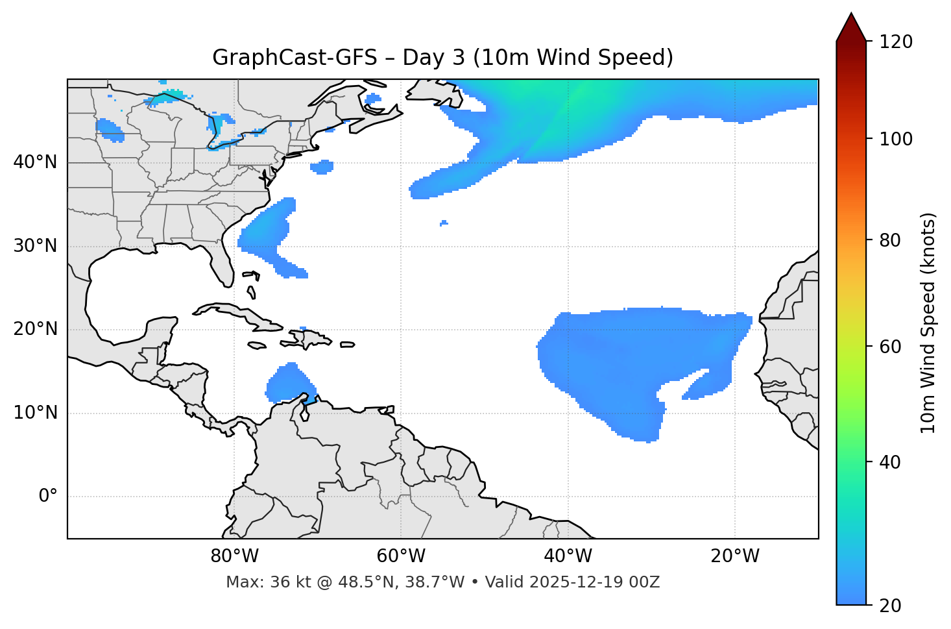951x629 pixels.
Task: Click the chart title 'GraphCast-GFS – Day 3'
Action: (x=442, y=58)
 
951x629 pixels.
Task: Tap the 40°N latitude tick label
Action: (x=35, y=162)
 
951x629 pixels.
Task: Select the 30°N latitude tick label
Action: (x=35, y=246)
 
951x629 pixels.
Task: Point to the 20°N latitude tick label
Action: (x=35, y=329)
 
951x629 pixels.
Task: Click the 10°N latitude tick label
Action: (x=35, y=413)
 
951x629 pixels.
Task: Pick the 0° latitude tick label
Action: (x=47, y=497)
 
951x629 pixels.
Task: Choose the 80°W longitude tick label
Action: (x=234, y=556)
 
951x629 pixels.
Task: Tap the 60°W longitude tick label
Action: (x=400, y=556)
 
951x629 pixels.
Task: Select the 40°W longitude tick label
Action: (x=568, y=556)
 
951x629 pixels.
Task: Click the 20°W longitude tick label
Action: (x=735, y=556)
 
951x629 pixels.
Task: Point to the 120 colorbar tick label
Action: (x=896, y=42)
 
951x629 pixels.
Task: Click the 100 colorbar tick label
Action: (x=896, y=139)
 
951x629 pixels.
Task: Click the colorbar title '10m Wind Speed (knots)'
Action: (x=929, y=323)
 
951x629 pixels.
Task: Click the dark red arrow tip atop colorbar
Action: (x=851, y=26)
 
